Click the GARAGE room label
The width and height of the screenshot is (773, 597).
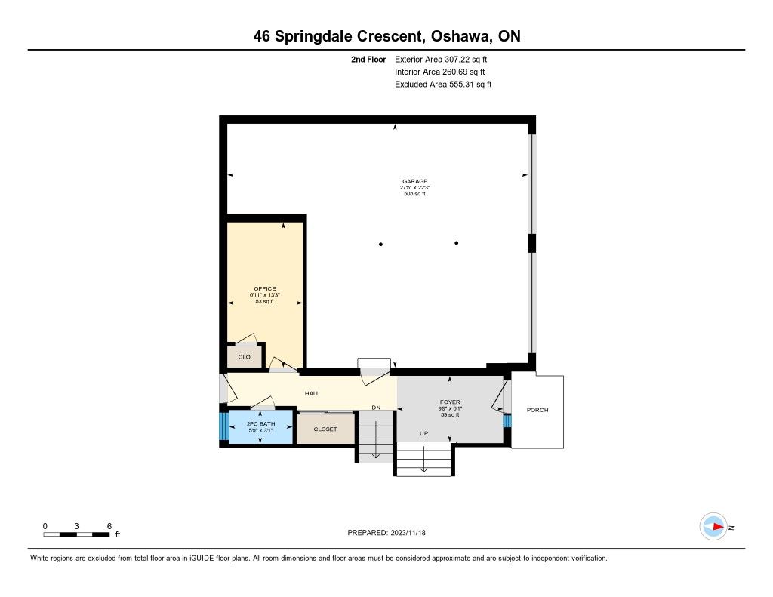[x=414, y=181]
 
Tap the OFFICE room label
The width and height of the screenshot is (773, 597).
[x=265, y=289]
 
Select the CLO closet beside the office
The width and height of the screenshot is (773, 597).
[x=244, y=357]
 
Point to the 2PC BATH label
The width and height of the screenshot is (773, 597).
[x=260, y=424]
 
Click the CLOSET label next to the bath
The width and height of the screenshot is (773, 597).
[x=325, y=429]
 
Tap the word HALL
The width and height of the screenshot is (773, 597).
[x=312, y=393]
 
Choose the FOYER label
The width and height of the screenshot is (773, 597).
[x=450, y=402]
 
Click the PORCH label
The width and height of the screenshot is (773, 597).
[x=537, y=410]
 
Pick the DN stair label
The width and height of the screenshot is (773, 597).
[x=376, y=408]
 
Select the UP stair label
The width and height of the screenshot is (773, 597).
[x=423, y=433]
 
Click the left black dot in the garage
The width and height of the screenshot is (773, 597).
[x=380, y=244]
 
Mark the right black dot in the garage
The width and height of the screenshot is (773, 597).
[x=457, y=242]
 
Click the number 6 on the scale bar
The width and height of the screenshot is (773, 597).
[x=109, y=526]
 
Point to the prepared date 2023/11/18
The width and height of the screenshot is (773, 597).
[x=408, y=532]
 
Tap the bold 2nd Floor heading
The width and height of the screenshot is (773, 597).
[x=368, y=59]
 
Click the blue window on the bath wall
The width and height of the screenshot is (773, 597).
[x=224, y=426]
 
